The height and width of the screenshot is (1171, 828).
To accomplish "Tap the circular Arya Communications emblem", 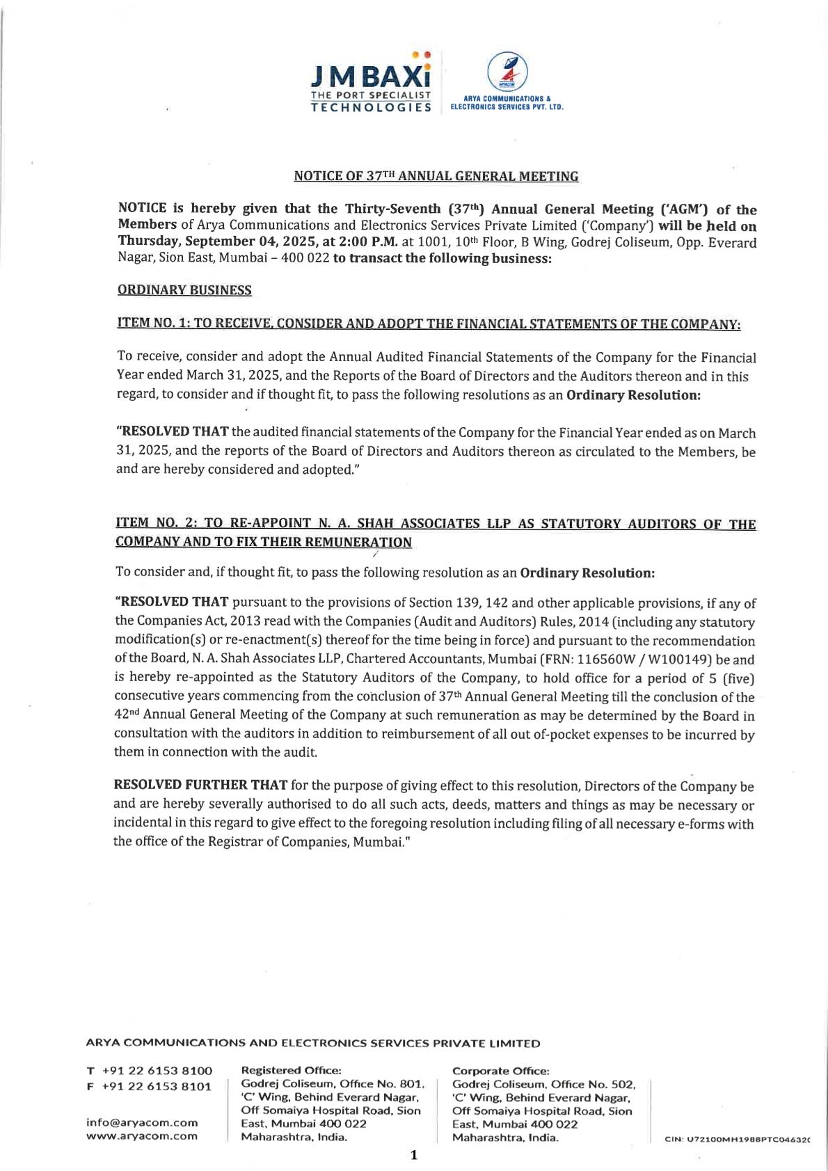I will [506, 72].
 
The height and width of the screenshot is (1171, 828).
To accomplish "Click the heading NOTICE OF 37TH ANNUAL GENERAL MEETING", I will [436, 177].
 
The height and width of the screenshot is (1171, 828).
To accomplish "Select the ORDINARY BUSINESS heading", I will [184, 290].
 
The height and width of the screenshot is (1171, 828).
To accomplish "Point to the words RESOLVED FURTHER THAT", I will [200, 786].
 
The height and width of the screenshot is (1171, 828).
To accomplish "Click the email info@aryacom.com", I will [142, 1122].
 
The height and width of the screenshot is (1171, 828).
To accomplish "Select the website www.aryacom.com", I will [142, 1136].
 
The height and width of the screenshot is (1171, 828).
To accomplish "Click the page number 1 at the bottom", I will [414, 1156].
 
